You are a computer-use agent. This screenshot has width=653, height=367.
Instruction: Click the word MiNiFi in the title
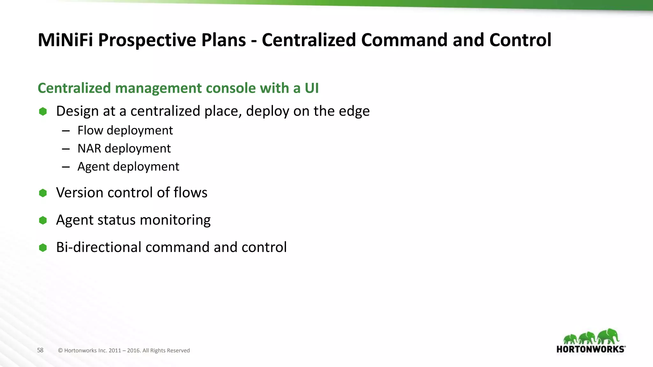65,40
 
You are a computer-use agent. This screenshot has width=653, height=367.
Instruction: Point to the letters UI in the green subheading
312,88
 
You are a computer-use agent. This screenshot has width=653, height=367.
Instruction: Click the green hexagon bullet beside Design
43,112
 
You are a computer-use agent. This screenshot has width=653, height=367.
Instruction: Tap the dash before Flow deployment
66,131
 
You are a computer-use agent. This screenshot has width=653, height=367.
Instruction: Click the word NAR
89,148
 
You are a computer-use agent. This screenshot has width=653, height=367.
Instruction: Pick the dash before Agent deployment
66,167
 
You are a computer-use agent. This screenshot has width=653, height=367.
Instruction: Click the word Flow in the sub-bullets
90,130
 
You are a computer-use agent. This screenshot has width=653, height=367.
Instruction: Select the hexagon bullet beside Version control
43,193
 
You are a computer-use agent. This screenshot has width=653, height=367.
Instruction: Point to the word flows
190,193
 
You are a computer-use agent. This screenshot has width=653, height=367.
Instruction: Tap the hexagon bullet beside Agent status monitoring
43,220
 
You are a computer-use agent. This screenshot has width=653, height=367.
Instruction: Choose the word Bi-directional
99,247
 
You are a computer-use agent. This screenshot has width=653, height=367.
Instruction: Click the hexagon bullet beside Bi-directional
43,248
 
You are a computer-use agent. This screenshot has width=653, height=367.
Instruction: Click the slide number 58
40,350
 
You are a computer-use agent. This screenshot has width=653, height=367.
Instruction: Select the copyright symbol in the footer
60,351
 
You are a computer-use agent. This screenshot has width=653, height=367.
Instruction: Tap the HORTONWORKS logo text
591,349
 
